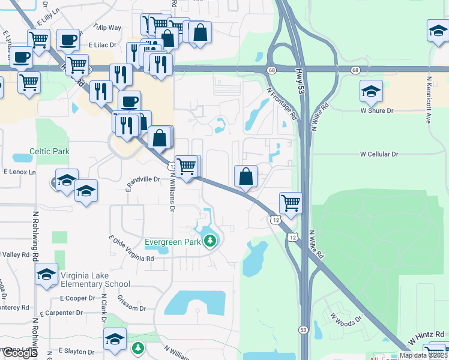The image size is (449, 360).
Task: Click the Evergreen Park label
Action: [173, 242]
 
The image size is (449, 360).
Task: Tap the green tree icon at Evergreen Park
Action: [209, 242]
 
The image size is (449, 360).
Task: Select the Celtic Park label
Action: [49, 151]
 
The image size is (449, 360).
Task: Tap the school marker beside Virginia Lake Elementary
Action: [46, 275]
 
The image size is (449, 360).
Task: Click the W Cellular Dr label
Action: [379, 154]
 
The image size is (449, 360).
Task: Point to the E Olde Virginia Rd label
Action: [131, 248]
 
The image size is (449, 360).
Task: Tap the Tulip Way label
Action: [107, 28]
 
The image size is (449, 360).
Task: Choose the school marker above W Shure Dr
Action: [372, 92]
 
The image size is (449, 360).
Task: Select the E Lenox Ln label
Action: [19, 172]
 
